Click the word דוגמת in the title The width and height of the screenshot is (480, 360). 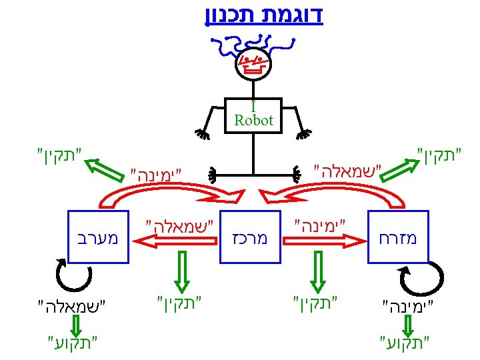point(293,15)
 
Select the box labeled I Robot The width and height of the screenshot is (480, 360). point(253,115)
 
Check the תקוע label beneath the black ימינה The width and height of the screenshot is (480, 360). point(406,344)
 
